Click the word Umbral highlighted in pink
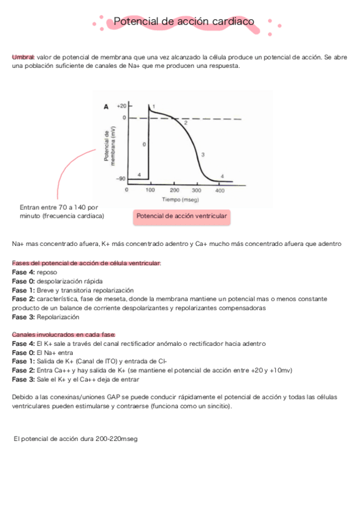[x=23, y=57]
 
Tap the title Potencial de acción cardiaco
[x=183, y=22]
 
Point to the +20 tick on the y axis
[x=121, y=105]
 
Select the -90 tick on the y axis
[x=121, y=178]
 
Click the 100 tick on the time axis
[x=150, y=190]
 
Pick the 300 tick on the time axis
[x=197, y=190]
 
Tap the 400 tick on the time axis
[x=220, y=190]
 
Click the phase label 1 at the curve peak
[x=154, y=106]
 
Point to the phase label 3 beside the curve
[x=203, y=155]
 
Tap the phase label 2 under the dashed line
[x=185, y=123]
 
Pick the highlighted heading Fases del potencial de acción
[x=86, y=263]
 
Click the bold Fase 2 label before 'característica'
[x=23, y=299]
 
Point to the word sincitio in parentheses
[x=215, y=407]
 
